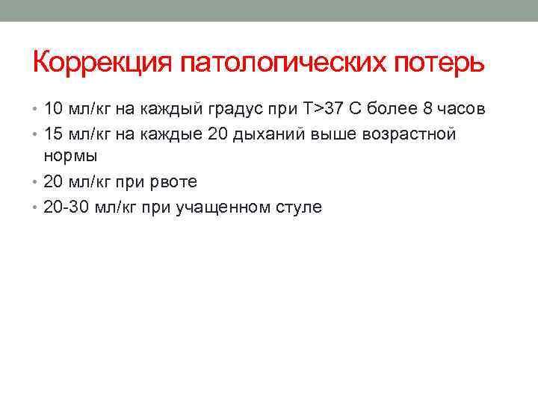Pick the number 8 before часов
[x=427, y=109]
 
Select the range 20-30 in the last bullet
[x=67, y=207]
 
